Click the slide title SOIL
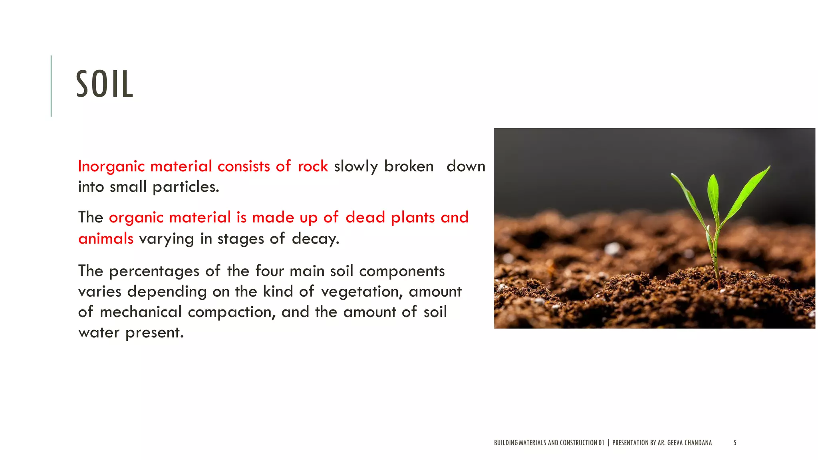[x=104, y=84]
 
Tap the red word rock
[x=313, y=167]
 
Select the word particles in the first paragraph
[x=186, y=187]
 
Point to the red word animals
[x=106, y=238]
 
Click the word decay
[x=315, y=239]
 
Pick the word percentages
[x=154, y=271]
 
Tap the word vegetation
[x=362, y=292]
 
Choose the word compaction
[x=232, y=312]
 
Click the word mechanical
[x=141, y=312]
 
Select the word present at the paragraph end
[x=154, y=333]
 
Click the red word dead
[x=365, y=218]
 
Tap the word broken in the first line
[x=409, y=167]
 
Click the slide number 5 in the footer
[x=735, y=442]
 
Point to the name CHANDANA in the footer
[x=698, y=442]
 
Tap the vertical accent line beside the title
[x=51, y=86]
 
